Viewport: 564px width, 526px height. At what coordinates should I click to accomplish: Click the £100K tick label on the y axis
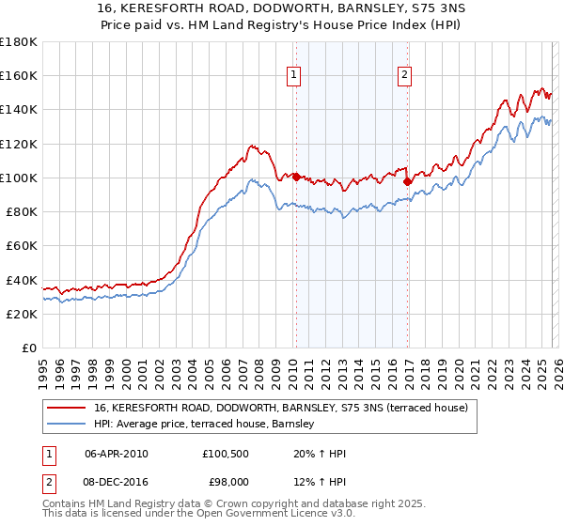point(19,178)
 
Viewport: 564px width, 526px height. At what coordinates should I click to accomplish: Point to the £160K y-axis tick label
point(19,76)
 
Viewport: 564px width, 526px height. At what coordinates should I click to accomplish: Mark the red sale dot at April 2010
point(295,177)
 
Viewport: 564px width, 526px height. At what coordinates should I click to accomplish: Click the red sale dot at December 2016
point(407,181)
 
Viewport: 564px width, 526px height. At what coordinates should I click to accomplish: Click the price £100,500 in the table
point(225,454)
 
